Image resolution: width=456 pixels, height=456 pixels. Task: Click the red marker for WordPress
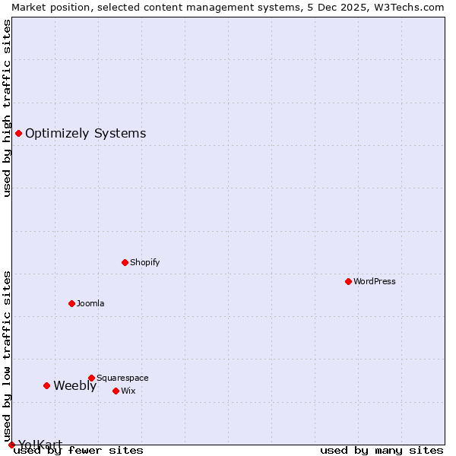[x=349, y=281]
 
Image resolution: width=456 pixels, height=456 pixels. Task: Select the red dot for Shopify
[x=125, y=262]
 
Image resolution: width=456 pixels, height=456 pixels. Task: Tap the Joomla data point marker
[x=72, y=303]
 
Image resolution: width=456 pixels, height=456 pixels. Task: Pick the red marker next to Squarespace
[x=92, y=378]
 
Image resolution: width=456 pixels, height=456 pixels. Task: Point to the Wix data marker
[x=116, y=391]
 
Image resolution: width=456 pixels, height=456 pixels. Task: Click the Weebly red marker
[x=47, y=385]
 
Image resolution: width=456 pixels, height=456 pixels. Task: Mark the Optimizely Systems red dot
[x=19, y=134]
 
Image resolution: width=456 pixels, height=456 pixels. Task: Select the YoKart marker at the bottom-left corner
[x=11, y=445]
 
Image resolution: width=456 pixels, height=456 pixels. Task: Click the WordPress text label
[x=375, y=281]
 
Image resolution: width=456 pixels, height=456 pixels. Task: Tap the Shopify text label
[x=145, y=262]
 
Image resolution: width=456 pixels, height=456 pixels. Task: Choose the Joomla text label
[x=90, y=303]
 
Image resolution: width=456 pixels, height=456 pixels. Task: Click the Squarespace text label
[x=122, y=378]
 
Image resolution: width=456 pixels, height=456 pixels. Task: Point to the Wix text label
[x=128, y=391]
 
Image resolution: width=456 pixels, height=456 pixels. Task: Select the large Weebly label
[x=74, y=385]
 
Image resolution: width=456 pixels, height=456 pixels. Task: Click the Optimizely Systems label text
[x=85, y=134]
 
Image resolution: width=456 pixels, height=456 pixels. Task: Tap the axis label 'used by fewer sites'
[x=79, y=450]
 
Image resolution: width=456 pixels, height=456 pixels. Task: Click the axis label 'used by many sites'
[x=382, y=450]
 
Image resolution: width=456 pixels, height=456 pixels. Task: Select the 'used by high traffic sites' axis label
[x=7, y=108]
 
